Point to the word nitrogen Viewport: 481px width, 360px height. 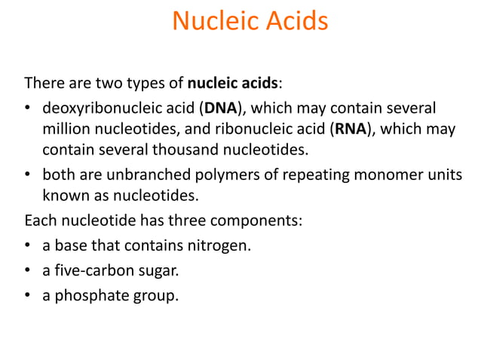pos(219,245)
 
